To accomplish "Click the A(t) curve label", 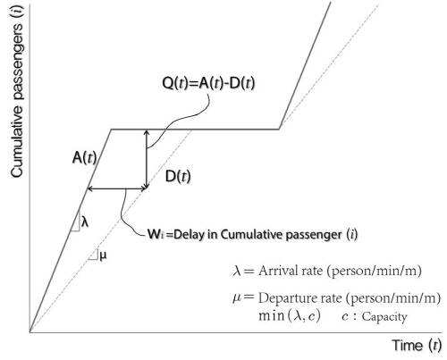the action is pos(85,157).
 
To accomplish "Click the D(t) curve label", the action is pos(178,176).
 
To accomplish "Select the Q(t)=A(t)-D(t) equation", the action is pos(208,83).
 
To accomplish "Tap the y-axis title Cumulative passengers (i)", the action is pos(17,92).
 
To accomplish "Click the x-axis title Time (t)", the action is pos(417,346).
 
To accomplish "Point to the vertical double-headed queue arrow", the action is pos(147,159).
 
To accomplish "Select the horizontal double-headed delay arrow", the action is pos(117,188).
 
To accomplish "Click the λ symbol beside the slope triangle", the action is pos(85,222).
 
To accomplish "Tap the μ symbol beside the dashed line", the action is pos(103,255).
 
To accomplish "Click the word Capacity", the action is pos(384,317).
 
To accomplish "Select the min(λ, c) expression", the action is pos(290,315).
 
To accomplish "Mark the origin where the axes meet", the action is pos(30,331).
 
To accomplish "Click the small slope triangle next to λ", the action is pos(75,222).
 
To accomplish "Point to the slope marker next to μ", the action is pos(94,255).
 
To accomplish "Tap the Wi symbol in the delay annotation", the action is pos(156,234).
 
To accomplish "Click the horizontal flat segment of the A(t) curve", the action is pos(195,130).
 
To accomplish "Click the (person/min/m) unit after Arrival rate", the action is pos(374,271).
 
